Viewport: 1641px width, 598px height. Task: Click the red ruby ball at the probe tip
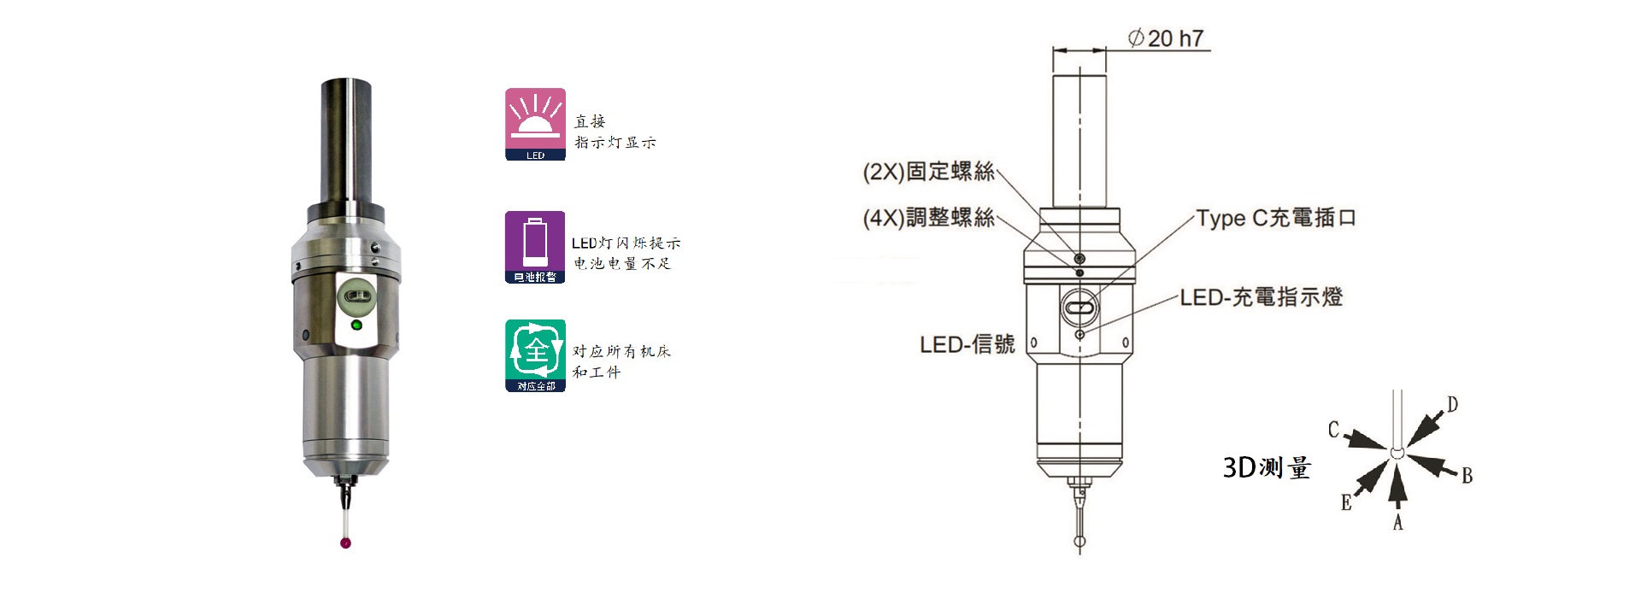click(345, 542)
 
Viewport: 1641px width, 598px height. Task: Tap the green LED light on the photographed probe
click(356, 325)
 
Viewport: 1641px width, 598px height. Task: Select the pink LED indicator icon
click(535, 124)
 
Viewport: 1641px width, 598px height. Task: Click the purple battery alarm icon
click(535, 247)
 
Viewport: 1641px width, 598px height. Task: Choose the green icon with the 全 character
click(535, 355)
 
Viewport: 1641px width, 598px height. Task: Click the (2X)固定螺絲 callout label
click(928, 172)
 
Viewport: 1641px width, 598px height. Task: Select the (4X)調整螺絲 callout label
click(928, 218)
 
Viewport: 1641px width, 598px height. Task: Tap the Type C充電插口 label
click(1276, 218)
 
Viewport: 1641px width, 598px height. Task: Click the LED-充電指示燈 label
click(1262, 297)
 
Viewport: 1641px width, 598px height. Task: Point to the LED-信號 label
click(967, 344)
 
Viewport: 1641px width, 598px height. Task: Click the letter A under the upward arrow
click(1398, 522)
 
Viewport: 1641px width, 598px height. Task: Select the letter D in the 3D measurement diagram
click(1452, 404)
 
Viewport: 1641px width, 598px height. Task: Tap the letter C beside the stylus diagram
click(1333, 430)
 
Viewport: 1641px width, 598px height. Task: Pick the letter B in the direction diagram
click(1467, 476)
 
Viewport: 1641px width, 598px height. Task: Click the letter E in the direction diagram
click(1346, 503)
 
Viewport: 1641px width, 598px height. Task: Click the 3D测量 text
click(1267, 467)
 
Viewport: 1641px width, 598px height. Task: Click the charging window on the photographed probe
click(356, 298)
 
